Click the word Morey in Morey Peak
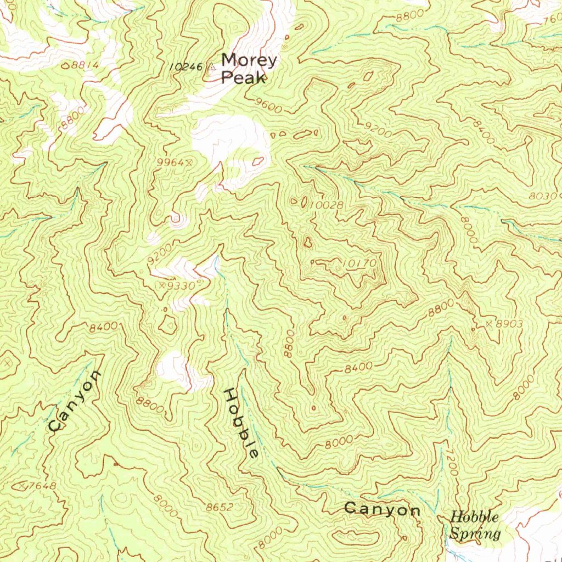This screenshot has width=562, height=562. point(249,60)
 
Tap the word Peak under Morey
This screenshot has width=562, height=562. point(243,78)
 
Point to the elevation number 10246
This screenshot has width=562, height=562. point(187,66)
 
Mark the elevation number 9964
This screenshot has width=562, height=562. point(169,162)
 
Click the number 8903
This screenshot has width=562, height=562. point(509,324)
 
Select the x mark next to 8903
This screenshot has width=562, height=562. point(488,324)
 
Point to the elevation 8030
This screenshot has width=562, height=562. point(543,196)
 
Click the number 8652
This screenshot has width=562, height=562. point(220,508)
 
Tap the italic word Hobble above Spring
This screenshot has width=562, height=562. point(475,517)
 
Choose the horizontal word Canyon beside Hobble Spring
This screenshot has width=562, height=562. point(382,510)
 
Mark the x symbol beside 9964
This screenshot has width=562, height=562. point(189,162)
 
